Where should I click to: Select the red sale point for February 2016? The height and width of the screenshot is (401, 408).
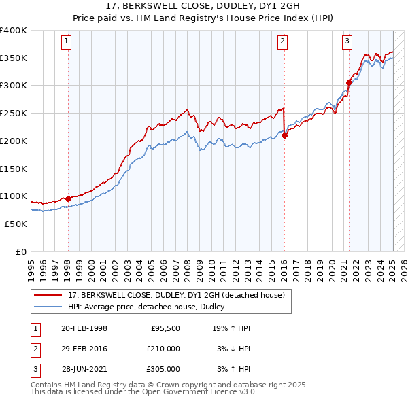pyautogui.click(x=284, y=135)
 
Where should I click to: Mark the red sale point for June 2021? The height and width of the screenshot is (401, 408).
pyautogui.click(x=349, y=83)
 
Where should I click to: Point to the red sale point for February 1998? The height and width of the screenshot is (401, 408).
pyautogui.click(x=67, y=198)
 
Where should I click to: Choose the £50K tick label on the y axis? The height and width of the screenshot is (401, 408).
pyautogui.click(x=16, y=224)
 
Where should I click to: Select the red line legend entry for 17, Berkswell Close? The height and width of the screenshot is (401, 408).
pyautogui.click(x=180, y=296)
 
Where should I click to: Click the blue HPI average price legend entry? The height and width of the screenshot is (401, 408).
pyautogui.click(x=150, y=307)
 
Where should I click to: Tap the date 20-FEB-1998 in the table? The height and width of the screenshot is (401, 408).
pyautogui.click(x=84, y=328)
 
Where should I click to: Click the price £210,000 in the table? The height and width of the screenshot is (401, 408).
pyautogui.click(x=163, y=349)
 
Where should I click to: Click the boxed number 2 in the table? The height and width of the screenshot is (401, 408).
pyautogui.click(x=35, y=349)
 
